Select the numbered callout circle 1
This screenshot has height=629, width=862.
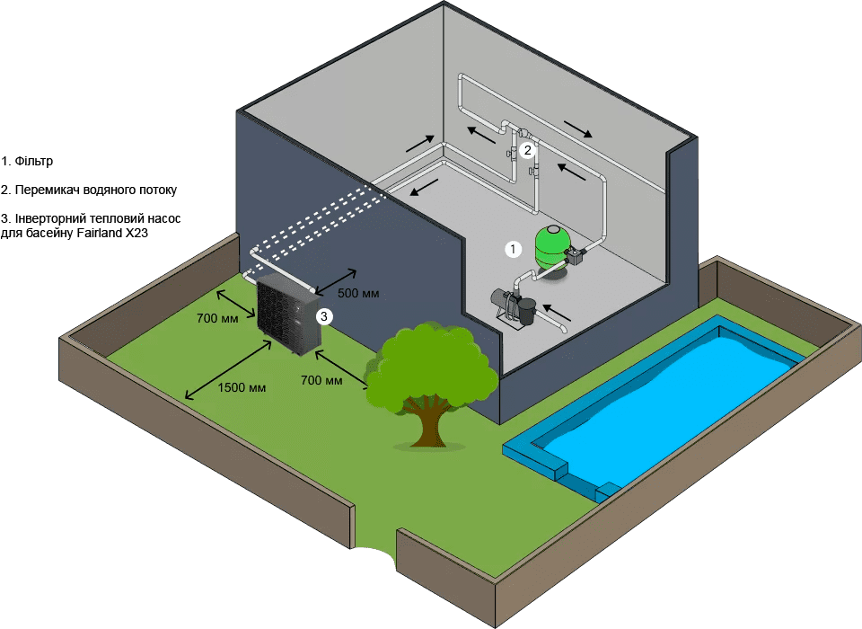click(513, 248)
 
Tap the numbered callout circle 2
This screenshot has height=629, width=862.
click(528, 150)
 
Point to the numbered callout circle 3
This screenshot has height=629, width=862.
click(324, 315)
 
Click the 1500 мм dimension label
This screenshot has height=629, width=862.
click(242, 388)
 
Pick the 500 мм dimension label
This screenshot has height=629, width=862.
click(357, 293)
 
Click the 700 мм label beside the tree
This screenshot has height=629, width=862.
click(321, 380)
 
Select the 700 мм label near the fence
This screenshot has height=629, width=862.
click(217, 317)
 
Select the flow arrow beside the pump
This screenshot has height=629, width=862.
click(558, 314)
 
